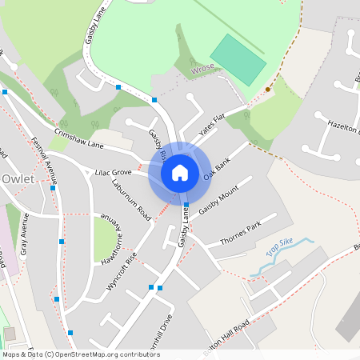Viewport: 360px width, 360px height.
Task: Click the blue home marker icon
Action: point(180,172)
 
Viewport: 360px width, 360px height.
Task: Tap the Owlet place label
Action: point(18,178)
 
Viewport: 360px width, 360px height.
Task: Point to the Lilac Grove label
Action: point(113,172)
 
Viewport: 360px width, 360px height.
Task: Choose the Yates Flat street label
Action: point(214,124)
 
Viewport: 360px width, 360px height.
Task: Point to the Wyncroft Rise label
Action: point(122,274)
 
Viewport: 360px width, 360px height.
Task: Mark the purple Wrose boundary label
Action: point(203,70)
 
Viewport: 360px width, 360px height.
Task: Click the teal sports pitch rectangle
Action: point(238,59)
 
